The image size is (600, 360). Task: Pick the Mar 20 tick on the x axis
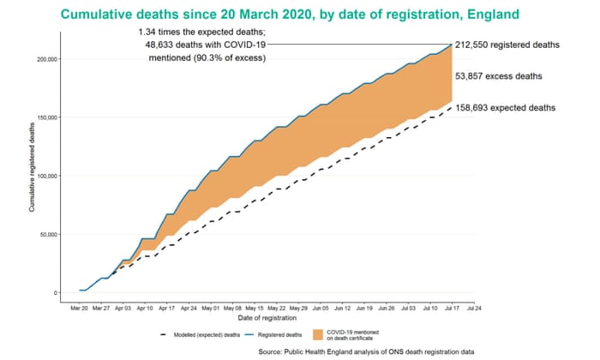79,306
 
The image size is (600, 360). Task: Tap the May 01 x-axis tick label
211,306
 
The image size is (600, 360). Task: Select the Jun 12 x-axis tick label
343,306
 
